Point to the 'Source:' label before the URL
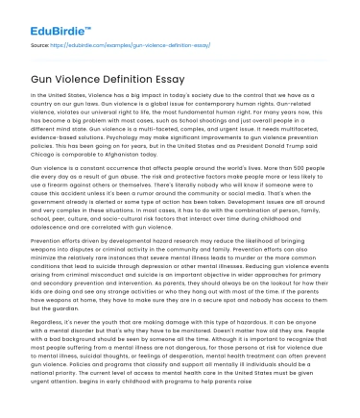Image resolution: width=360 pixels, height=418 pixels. [x=41, y=44]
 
